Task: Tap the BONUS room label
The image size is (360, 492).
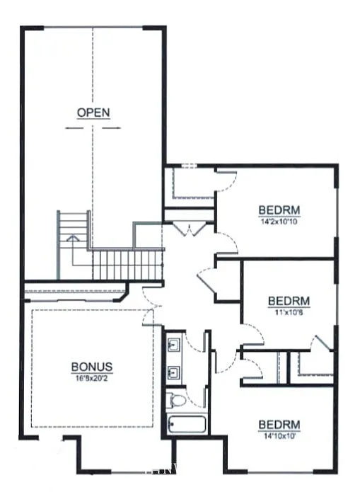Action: pos(92,367)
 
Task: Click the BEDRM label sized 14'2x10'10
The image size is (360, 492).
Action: pos(280,210)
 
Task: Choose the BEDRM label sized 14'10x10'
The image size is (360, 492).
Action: pos(279,424)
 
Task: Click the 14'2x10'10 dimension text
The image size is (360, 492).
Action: pos(280,219)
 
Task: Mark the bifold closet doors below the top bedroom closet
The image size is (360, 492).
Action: pos(189,228)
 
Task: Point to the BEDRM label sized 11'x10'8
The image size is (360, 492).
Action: pos(289,300)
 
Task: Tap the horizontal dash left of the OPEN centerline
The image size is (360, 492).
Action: pos(75,128)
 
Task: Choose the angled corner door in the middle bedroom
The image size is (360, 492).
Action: pos(320,343)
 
